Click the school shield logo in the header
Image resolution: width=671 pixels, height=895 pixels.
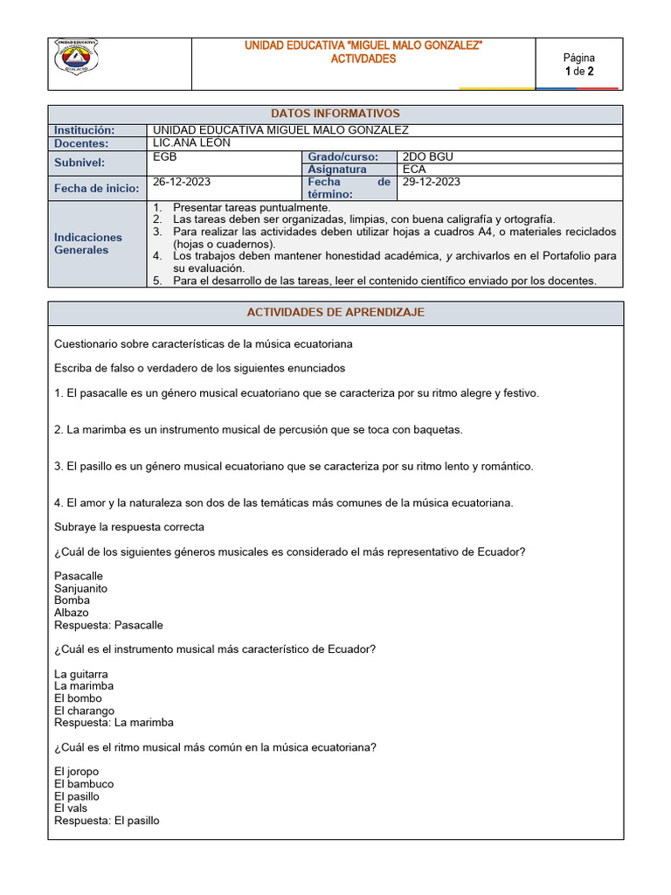(x=77, y=58)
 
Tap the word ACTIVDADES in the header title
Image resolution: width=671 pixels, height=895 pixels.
(x=363, y=59)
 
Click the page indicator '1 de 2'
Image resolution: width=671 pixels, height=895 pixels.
(x=578, y=72)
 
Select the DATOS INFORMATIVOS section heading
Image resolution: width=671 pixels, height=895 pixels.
(x=335, y=114)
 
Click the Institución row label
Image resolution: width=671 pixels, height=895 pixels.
(x=85, y=130)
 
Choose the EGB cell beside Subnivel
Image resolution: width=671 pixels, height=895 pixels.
(x=164, y=156)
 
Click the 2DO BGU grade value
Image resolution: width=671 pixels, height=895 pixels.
(x=428, y=156)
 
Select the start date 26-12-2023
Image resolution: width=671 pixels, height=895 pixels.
(x=182, y=182)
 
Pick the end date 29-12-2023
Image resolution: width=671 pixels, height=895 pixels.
(x=432, y=182)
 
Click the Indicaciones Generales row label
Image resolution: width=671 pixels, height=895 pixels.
(x=88, y=243)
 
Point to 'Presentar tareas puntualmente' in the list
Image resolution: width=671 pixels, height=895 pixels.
(x=252, y=207)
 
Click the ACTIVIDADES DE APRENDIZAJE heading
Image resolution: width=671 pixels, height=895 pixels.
(x=335, y=312)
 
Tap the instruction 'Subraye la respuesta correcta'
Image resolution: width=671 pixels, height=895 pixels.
(x=129, y=527)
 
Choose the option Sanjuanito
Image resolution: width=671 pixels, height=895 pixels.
(x=81, y=588)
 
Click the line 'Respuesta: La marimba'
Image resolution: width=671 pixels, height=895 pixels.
(x=114, y=723)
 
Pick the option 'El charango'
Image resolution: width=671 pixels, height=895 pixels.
(x=84, y=711)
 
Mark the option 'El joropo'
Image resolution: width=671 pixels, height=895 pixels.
(x=77, y=772)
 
